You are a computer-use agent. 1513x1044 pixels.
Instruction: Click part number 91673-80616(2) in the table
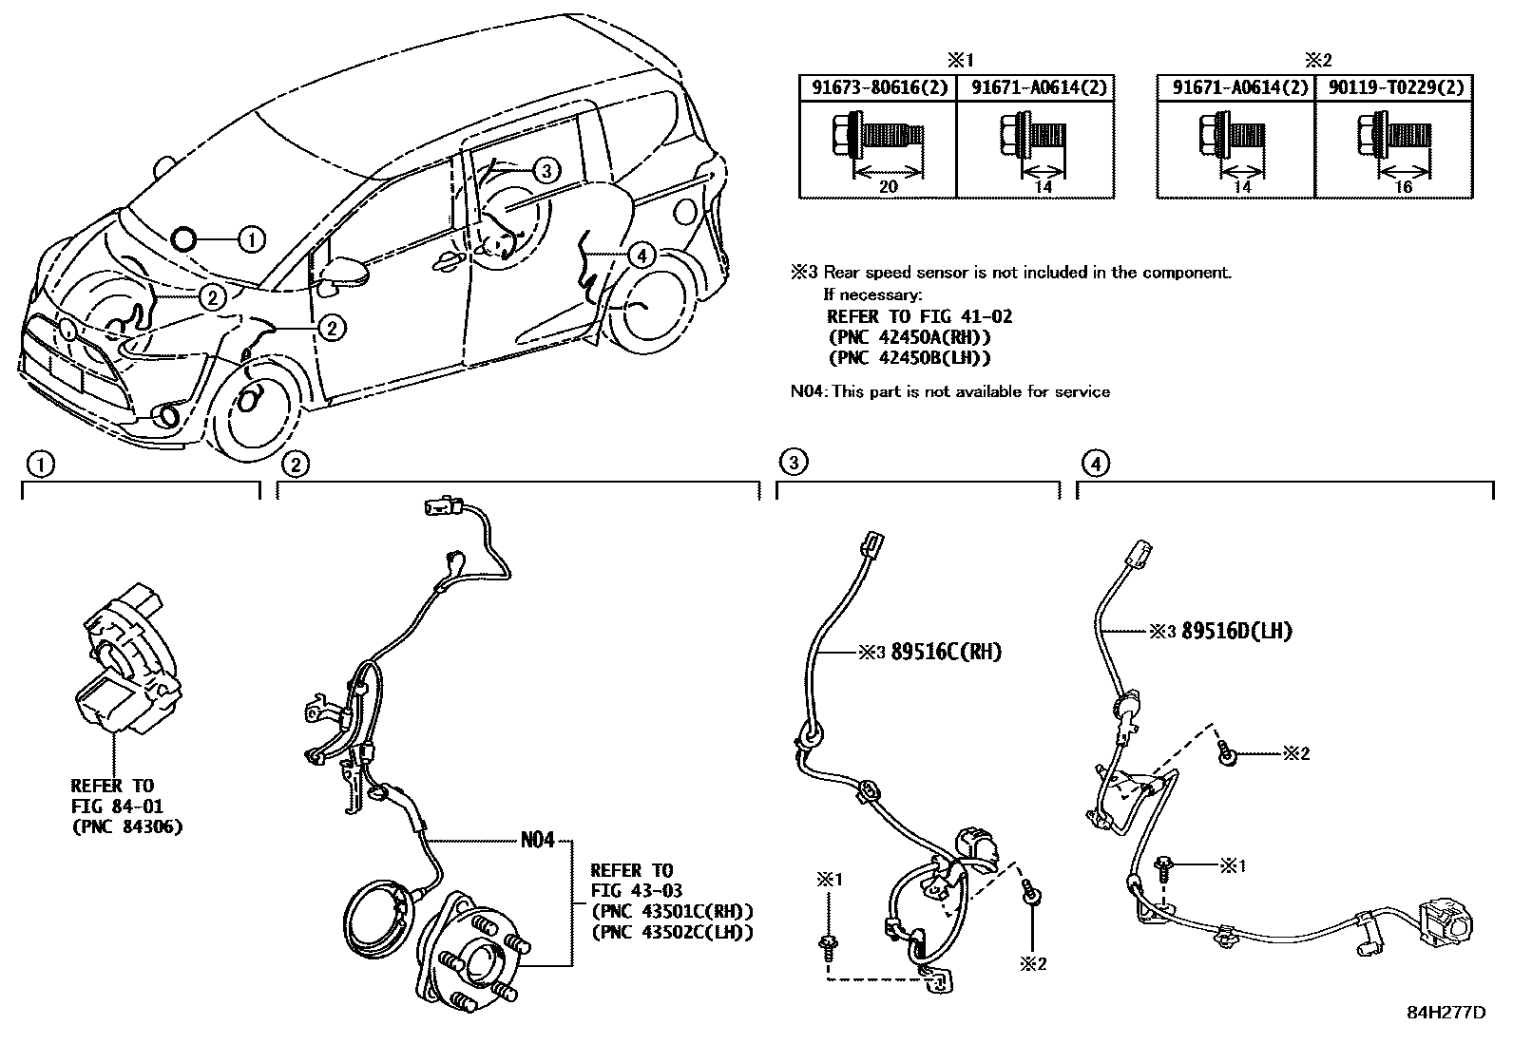point(876,87)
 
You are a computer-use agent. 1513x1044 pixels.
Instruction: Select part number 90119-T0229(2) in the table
point(1393,87)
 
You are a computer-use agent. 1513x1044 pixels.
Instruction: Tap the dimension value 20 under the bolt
point(888,186)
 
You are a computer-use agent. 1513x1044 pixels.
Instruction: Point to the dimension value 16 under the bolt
point(1403,186)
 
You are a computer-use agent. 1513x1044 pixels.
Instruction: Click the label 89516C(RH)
point(946,653)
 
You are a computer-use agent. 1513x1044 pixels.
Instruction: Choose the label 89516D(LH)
point(1236,631)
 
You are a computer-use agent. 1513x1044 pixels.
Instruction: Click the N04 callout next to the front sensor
point(537,841)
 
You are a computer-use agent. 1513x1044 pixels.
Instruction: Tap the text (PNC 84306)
point(126,826)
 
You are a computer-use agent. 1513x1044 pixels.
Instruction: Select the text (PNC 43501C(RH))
point(672,911)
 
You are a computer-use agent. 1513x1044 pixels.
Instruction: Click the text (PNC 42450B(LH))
point(909,357)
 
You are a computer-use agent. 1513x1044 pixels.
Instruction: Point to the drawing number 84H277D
point(1446,1013)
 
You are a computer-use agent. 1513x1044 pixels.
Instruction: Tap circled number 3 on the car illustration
point(546,171)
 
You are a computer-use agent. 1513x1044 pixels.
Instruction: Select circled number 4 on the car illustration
point(642,255)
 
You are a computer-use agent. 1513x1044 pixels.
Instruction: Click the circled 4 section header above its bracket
point(1096,464)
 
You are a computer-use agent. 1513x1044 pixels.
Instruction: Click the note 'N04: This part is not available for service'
point(950,391)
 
